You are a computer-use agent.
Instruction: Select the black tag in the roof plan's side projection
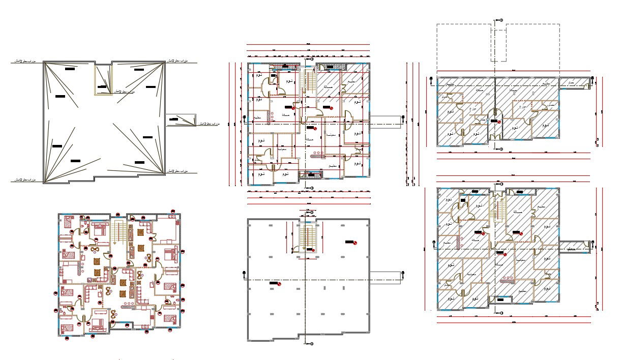click(x=174, y=119)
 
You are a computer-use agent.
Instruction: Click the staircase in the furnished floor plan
click(x=121, y=233)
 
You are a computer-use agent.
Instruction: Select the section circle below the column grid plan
click(x=311, y=344)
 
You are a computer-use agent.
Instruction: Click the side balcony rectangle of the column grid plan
click(x=386, y=276)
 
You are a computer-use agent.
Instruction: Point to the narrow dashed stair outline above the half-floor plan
click(x=498, y=45)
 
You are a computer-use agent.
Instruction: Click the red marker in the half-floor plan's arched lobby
click(x=499, y=122)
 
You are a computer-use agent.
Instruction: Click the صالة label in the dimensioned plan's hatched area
click(x=325, y=87)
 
